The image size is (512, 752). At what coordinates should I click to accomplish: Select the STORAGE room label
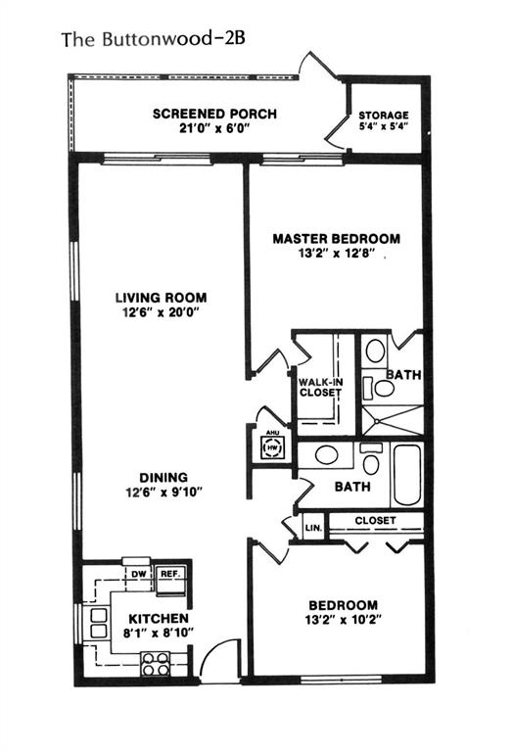(x=383, y=115)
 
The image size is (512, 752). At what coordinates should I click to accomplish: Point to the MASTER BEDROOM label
(x=336, y=238)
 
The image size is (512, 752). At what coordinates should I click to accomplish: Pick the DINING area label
(x=163, y=478)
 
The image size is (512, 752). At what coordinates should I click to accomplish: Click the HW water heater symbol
(x=270, y=447)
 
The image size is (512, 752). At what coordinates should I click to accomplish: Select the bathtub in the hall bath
(x=406, y=475)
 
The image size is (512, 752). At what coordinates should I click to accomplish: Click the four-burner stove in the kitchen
(x=155, y=665)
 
